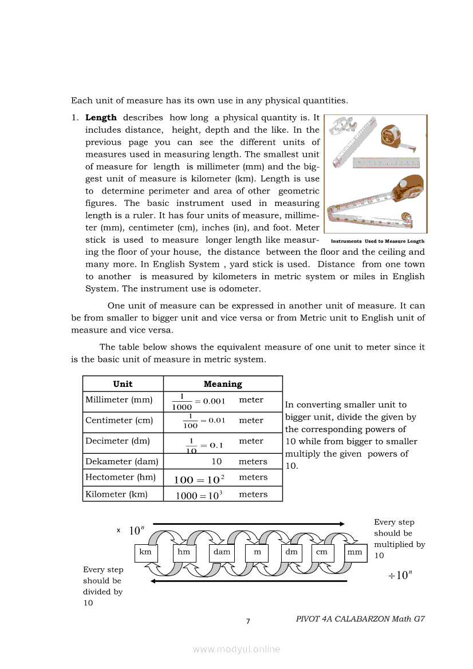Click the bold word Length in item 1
point(101,117)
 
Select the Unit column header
point(123,384)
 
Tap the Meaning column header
point(223,384)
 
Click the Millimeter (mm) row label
point(119,400)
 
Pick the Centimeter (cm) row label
point(119,421)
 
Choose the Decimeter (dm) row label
point(117,441)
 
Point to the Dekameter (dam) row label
point(121,461)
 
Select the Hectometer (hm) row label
point(120,477)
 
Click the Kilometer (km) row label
point(116,494)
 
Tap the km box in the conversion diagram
point(145,552)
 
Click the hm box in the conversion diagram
point(184,552)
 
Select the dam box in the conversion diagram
point(222,552)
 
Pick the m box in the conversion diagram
point(257,552)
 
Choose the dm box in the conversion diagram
point(291,552)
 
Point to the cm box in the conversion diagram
point(322,552)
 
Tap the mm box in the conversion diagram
point(355,552)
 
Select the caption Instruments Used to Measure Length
point(377,242)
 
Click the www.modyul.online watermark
point(236,649)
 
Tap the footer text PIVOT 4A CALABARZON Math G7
point(360,619)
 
